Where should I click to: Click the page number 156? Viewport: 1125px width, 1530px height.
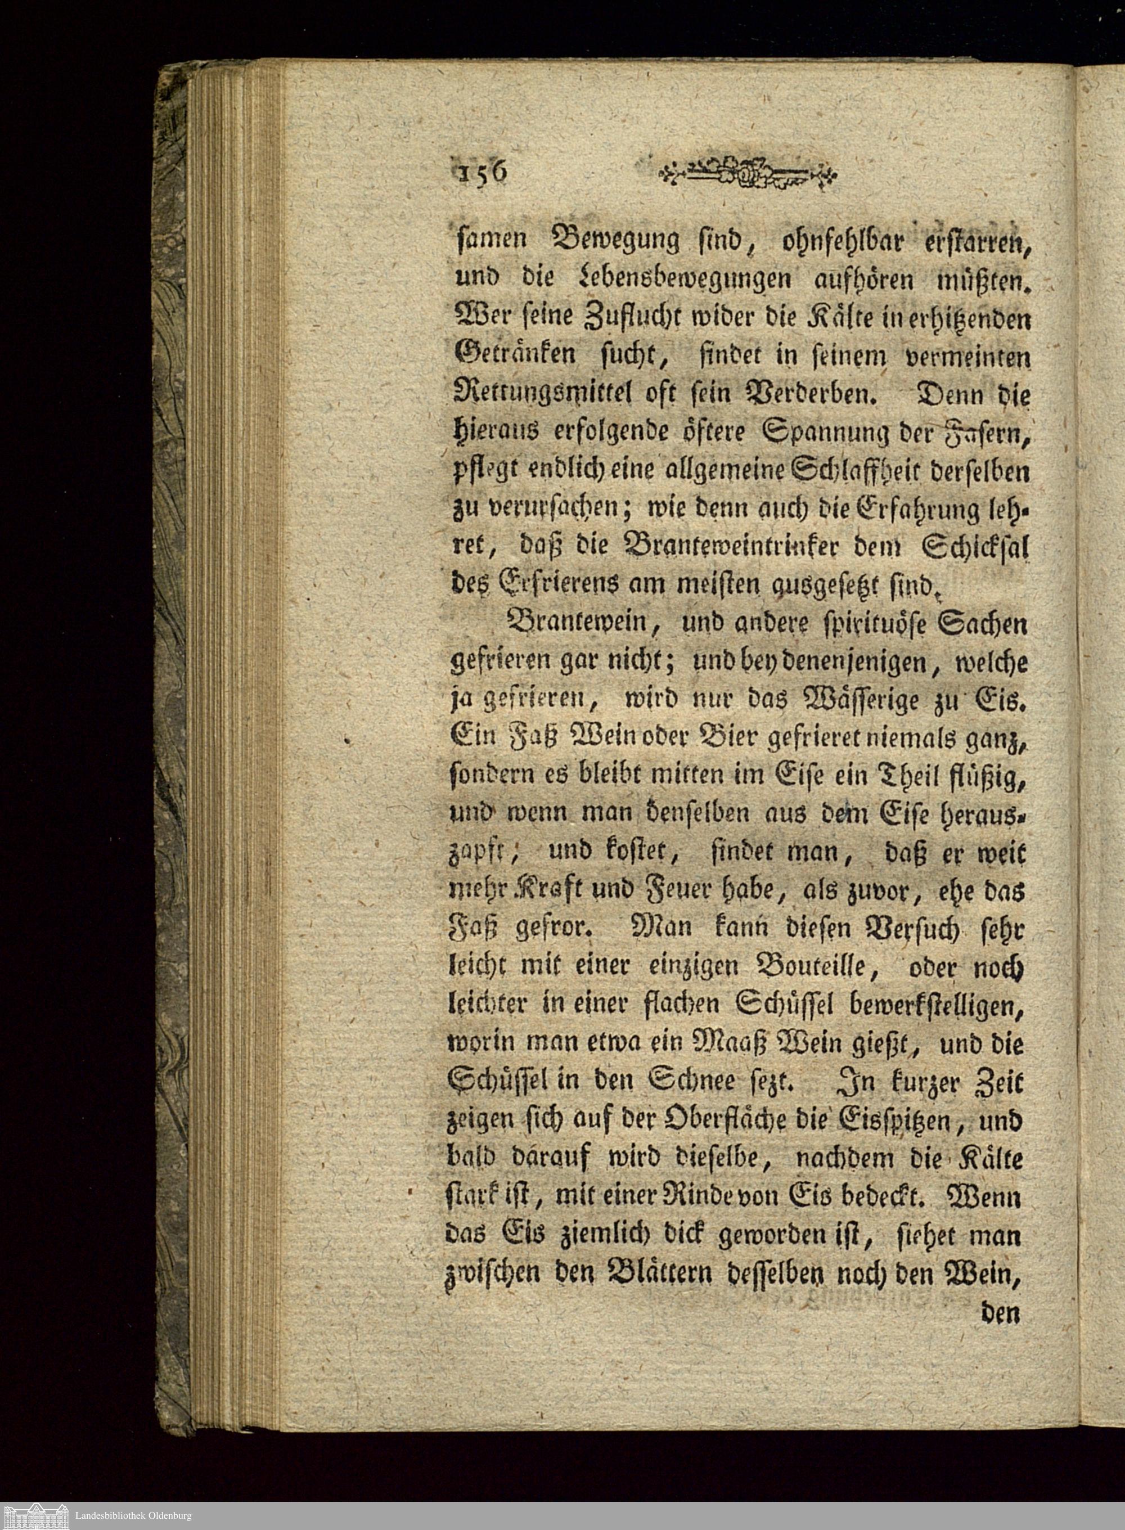pos(481,172)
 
